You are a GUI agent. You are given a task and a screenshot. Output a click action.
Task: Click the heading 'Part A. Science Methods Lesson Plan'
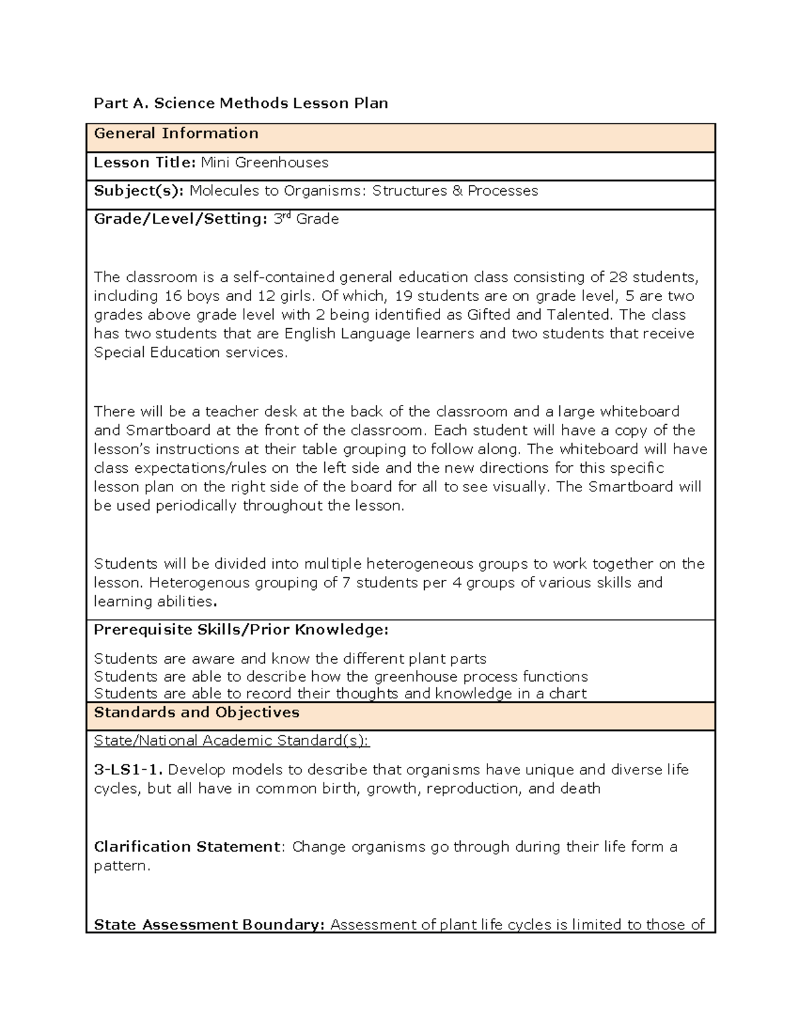click(240, 103)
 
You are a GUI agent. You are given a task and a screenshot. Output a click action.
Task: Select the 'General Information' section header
click(176, 133)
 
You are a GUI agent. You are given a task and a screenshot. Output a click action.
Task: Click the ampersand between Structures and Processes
click(457, 191)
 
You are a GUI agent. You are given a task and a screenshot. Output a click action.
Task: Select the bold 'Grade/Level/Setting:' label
click(180, 219)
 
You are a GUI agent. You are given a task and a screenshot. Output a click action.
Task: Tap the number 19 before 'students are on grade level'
click(403, 296)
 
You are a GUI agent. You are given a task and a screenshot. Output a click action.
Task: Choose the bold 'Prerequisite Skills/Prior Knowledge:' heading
click(241, 630)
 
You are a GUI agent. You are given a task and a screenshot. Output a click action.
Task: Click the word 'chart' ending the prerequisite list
click(567, 694)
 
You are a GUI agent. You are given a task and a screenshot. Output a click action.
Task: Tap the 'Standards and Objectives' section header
click(196, 712)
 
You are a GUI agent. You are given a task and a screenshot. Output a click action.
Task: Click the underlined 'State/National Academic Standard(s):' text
click(231, 741)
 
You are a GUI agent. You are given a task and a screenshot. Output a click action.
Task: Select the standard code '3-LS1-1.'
click(128, 770)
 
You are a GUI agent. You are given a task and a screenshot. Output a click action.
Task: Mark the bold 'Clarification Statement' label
click(186, 847)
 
